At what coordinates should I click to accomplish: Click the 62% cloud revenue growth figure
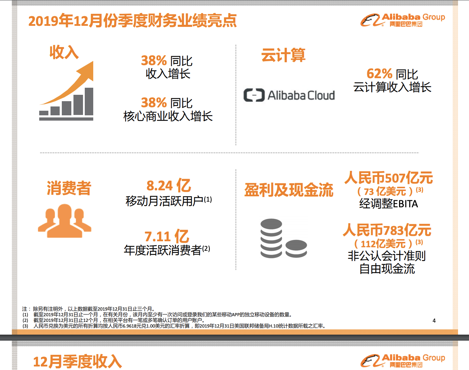coord(379,74)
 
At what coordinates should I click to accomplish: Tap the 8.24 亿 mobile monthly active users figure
coord(169,186)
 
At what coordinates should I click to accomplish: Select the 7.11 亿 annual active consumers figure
coord(167,236)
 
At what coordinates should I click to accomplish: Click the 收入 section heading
coord(64,52)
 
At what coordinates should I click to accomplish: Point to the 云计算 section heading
coord(283,55)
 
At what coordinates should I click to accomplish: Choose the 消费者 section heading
coord(69,188)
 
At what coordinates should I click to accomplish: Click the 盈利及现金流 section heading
coord(289,190)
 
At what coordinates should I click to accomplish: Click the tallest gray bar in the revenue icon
coord(89,101)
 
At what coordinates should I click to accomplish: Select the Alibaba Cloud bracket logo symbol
coord(254,95)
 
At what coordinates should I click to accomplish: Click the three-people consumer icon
coord(65,221)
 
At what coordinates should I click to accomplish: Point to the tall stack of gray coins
coord(271,238)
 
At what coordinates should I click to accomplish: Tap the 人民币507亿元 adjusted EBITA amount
coord(388,178)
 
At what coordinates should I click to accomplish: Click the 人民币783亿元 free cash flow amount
coord(387,230)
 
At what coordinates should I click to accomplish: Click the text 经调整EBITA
coord(388,204)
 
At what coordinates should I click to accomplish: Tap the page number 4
coord(434,321)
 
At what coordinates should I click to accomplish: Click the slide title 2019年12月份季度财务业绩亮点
coord(132,21)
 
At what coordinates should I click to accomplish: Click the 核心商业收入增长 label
coord(168,116)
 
